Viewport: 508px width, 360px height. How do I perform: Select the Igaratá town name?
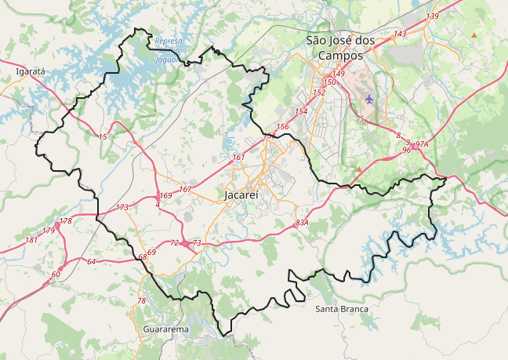31,71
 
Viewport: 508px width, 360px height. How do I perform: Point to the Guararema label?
165,329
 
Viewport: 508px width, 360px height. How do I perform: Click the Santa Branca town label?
341,309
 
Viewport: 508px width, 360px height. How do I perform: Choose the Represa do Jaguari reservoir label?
168,50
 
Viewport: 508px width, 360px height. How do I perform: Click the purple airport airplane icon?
369,99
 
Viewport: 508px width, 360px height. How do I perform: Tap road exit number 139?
432,16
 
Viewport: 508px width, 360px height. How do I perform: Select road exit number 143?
400,34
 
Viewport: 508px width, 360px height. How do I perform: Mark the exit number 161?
238,158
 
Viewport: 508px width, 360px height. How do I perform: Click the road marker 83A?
302,223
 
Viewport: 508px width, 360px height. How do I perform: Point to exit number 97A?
422,144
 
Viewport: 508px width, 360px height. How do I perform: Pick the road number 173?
122,208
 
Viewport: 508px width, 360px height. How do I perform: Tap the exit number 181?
31,239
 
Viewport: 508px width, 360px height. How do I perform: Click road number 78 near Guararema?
141,301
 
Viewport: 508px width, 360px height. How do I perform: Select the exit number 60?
56,274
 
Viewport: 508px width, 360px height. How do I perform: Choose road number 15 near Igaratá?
103,136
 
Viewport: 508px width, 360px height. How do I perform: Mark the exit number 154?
301,111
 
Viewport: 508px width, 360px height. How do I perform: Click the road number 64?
91,261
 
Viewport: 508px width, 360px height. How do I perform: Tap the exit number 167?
185,190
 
